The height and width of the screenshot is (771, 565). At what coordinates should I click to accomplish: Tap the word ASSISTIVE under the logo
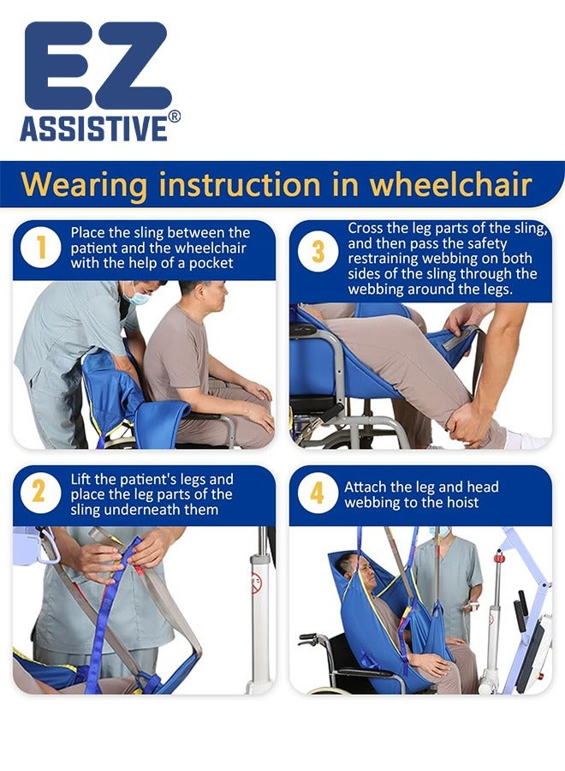coord(94,128)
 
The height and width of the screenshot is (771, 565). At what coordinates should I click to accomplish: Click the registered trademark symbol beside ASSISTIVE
coord(175,117)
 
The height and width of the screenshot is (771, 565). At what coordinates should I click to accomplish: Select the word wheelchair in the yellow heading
coord(450,184)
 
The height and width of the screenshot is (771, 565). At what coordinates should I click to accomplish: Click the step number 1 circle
coord(41,248)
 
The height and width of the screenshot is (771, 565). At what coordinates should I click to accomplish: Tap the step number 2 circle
coord(41,493)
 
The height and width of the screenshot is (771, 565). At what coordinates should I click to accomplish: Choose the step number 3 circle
coord(318,252)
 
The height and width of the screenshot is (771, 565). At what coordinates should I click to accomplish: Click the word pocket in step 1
coord(211,263)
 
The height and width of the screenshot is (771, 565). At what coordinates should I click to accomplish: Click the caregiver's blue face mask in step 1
coord(137,296)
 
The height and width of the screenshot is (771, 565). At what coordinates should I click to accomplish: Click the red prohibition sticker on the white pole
coord(257,583)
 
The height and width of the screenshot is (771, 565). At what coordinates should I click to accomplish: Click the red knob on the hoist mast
coord(499,558)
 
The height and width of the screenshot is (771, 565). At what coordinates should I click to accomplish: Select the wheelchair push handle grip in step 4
coord(307,638)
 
